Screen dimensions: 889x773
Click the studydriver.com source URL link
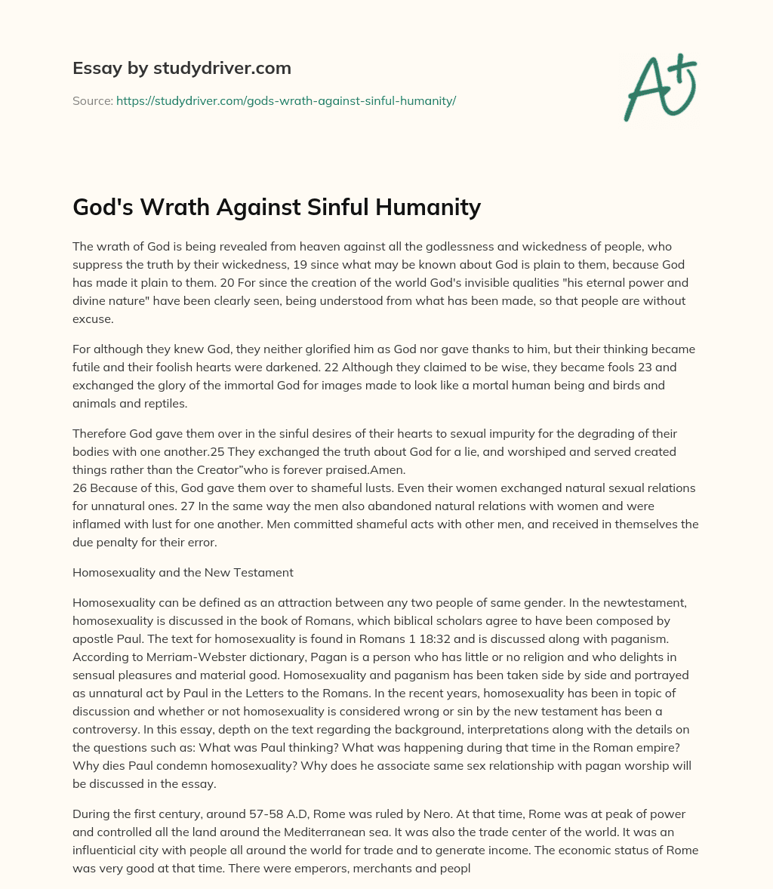[x=285, y=100]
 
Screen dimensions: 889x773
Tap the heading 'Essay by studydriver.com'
[x=181, y=68]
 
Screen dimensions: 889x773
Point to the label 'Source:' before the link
[x=92, y=100]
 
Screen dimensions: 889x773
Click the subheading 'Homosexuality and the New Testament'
[x=183, y=572]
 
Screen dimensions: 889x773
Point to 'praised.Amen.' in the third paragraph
[x=369, y=469]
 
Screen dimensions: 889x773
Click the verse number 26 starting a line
[x=80, y=488]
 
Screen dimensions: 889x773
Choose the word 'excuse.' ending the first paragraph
[x=92, y=318]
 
